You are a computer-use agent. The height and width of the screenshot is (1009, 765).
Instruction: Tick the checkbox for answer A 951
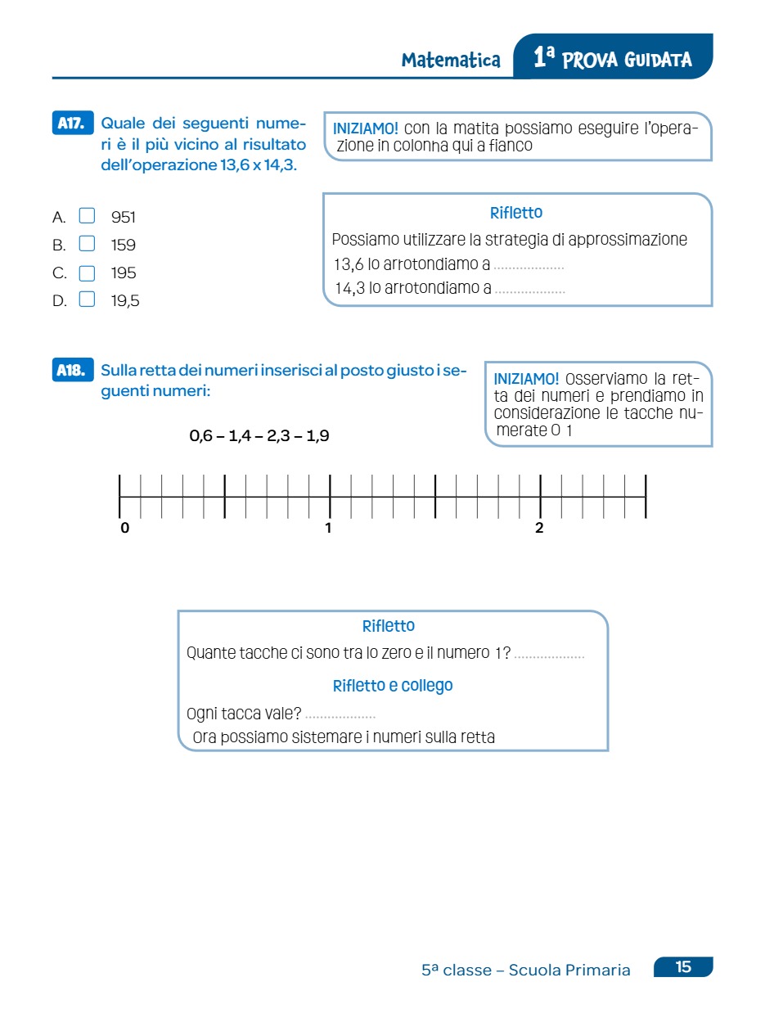pos(87,216)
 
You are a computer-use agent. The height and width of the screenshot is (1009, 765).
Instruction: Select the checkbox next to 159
pos(87,244)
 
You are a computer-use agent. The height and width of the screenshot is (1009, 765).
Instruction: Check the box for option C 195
pos(87,273)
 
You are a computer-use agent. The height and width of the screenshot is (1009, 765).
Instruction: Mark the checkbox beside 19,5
pos(87,300)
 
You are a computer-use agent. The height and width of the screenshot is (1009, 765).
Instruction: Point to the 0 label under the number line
pos(125,529)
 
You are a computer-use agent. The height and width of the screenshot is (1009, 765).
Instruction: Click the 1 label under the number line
pos(328,529)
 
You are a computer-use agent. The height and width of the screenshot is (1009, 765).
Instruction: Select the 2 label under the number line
pos(539,529)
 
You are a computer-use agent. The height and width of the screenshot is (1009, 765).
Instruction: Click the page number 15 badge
pos(683,967)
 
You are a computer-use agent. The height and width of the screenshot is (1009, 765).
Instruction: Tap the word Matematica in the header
pos(451,61)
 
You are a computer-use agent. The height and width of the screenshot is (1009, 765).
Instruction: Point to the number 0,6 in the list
pos(200,436)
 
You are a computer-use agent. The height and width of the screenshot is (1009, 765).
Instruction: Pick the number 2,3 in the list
pos(279,436)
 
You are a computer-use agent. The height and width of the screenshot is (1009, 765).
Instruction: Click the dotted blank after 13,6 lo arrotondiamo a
pos(529,267)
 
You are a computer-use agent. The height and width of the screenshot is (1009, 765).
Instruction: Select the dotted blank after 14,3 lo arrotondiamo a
pos(529,290)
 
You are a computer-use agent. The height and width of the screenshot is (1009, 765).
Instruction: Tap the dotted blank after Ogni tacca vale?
pos(340,715)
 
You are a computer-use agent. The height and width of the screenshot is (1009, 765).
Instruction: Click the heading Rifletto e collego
pos(393,686)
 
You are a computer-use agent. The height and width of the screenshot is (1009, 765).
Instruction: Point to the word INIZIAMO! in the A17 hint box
pos(366,128)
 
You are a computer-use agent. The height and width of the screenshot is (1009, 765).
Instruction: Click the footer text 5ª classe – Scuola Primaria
pos(526,971)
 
